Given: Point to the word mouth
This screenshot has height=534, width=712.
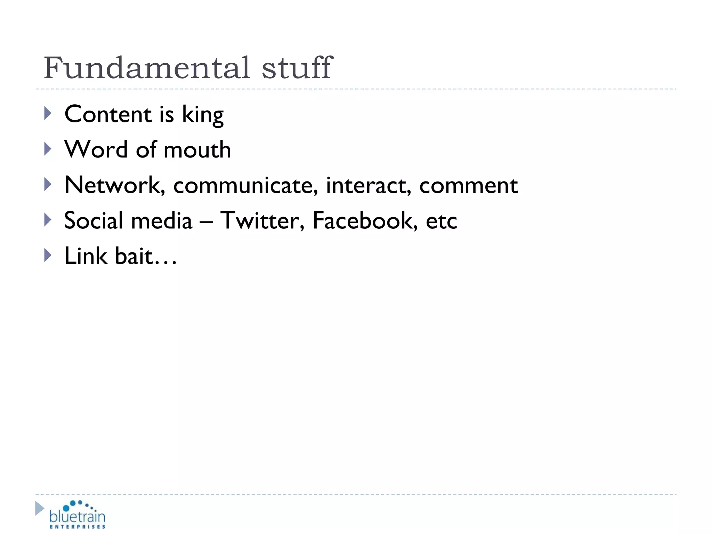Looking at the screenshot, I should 197,150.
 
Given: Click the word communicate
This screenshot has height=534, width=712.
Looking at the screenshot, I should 245,185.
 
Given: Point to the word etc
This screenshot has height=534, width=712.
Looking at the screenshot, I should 441,221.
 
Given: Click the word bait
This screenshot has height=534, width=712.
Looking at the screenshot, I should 134,256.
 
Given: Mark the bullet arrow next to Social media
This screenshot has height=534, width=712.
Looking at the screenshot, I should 48,220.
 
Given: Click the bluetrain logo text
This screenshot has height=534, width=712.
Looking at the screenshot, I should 77,516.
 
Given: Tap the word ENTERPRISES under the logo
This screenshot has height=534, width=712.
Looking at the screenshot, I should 78,527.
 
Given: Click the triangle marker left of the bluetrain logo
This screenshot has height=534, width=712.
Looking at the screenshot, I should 40,508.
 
